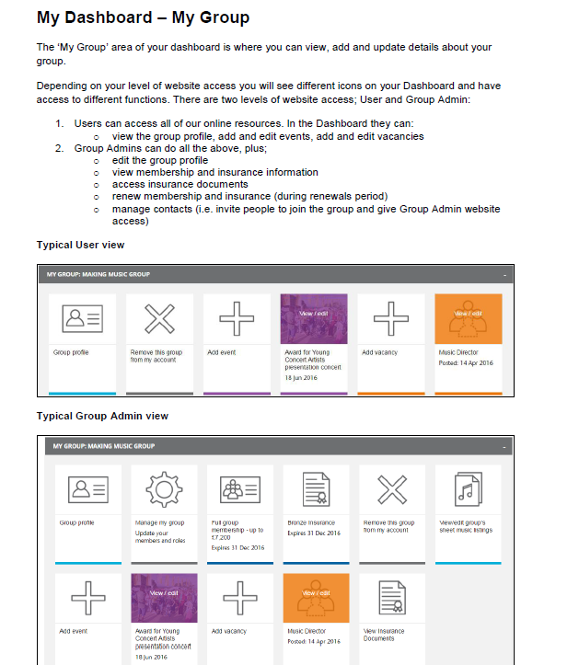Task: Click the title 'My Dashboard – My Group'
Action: click(143, 17)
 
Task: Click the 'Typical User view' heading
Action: click(80, 245)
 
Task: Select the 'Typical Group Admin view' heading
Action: click(102, 416)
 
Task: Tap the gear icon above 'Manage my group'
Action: click(165, 489)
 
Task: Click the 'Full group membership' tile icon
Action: click(240, 489)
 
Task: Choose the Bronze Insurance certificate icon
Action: click(317, 489)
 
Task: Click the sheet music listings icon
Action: click(468, 489)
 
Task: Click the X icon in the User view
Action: click(159, 318)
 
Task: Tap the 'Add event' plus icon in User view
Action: click(236, 318)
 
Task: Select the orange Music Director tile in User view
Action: click(468, 318)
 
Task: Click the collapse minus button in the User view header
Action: click(504, 274)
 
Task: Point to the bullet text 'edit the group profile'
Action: click(159, 160)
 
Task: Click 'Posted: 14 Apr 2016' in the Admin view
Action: click(314, 641)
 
